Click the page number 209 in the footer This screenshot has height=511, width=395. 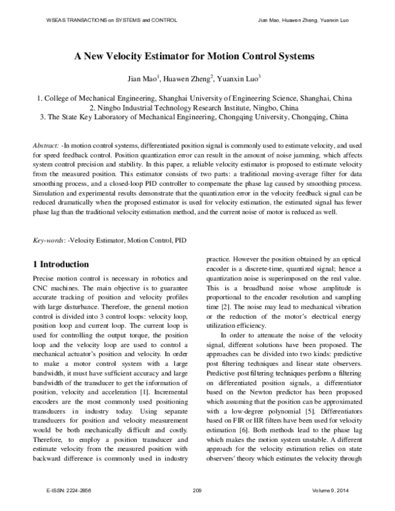click(197, 492)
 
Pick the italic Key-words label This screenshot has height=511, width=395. click(48, 242)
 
